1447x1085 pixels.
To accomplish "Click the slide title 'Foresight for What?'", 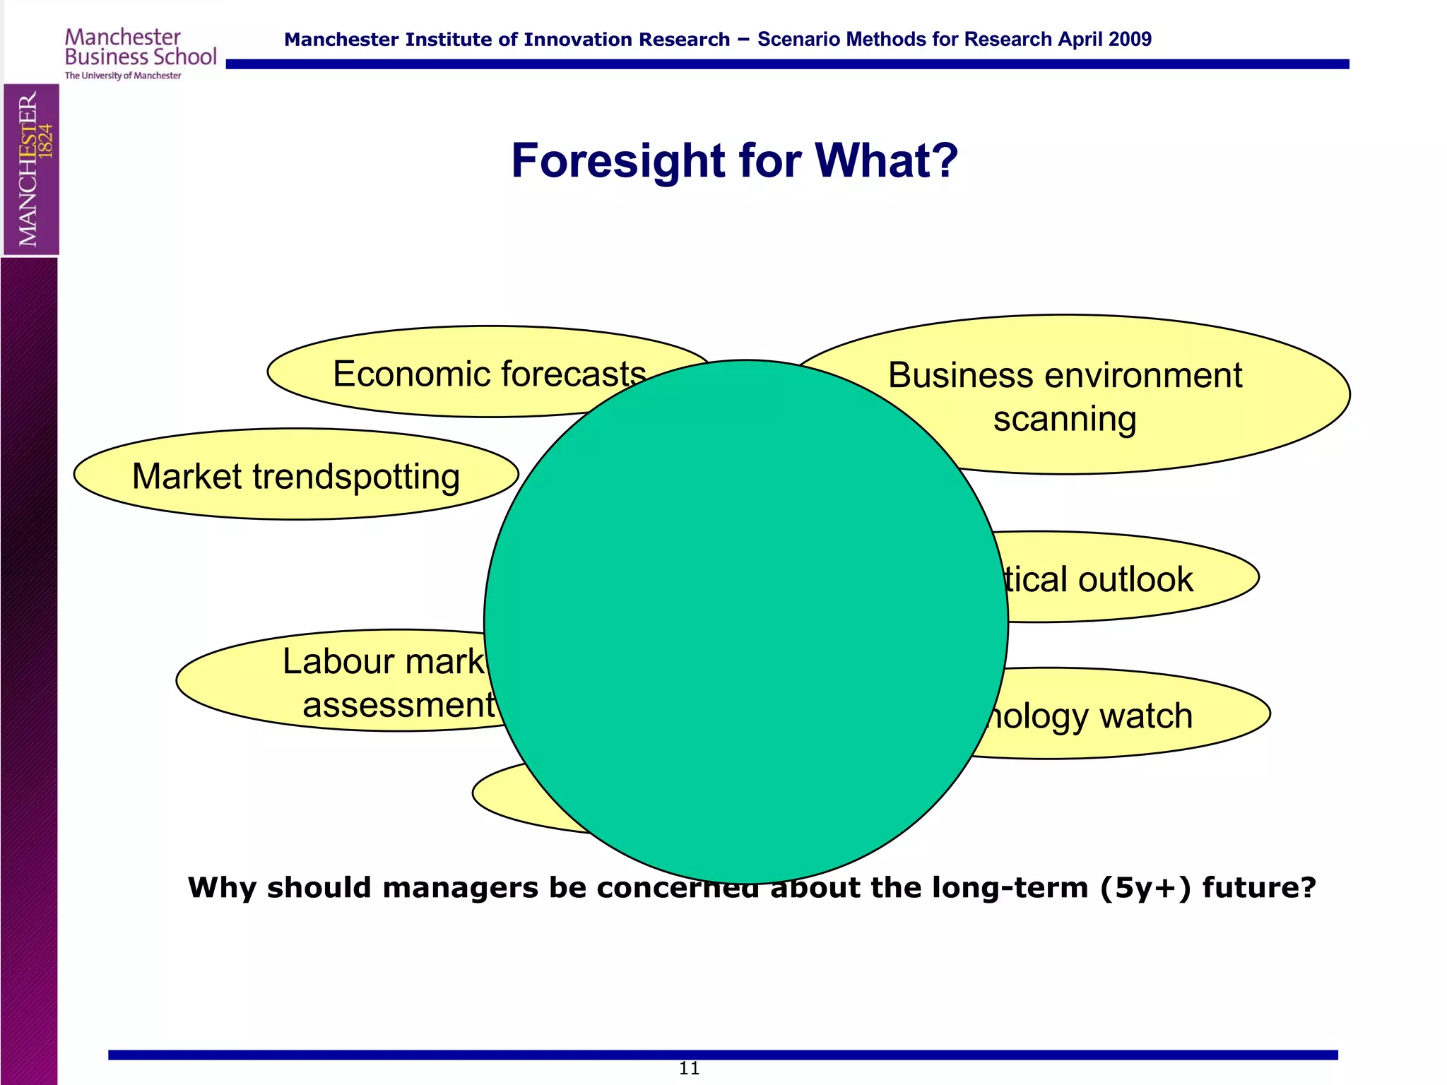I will (x=734, y=160).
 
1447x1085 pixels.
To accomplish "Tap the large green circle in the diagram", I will (x=745, y=622).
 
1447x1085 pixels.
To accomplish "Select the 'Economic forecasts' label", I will (x=489, y=374).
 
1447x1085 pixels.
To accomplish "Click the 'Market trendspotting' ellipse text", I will (x=296, y=476).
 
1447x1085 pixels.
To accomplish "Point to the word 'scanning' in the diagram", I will (x=1065, y=419).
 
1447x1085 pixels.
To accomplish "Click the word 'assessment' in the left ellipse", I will (x=398, y=704).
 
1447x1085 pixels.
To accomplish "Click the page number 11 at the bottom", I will (x=689, y=1068).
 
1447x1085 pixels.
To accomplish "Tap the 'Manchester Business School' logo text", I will (x=140, y=47).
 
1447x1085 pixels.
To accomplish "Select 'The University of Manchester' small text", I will (x=123, y=76).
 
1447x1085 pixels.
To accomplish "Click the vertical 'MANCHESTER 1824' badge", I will (x=32, y=169).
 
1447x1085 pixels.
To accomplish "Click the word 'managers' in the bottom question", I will (x=460, y=887).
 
